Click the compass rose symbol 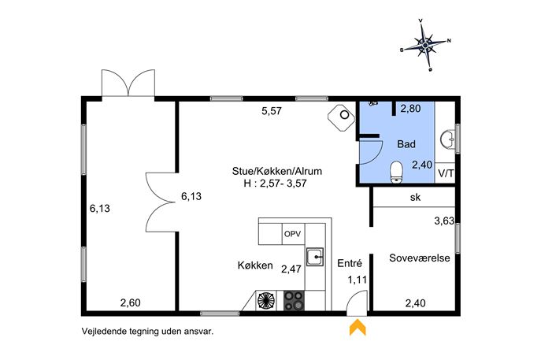[425, 45]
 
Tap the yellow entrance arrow [358, 327]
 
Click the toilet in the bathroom [396, 171]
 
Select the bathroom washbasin [447, 139]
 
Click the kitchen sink [315, 257]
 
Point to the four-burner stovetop [294, 300]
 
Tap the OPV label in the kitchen [293, 234]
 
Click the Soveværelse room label [420, 258]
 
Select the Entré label [350, 263]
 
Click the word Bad [406, 144]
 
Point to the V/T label [446, 173]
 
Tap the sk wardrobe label [416, 197]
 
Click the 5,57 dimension [272, 111]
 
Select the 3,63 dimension [444, 221]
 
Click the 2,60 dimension [131, 303]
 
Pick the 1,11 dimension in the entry [357, 280]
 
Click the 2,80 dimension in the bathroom [410, 109]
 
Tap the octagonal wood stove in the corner [342, 117]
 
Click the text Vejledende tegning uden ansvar [148, 332]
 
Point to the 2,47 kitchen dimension [291, 269]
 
